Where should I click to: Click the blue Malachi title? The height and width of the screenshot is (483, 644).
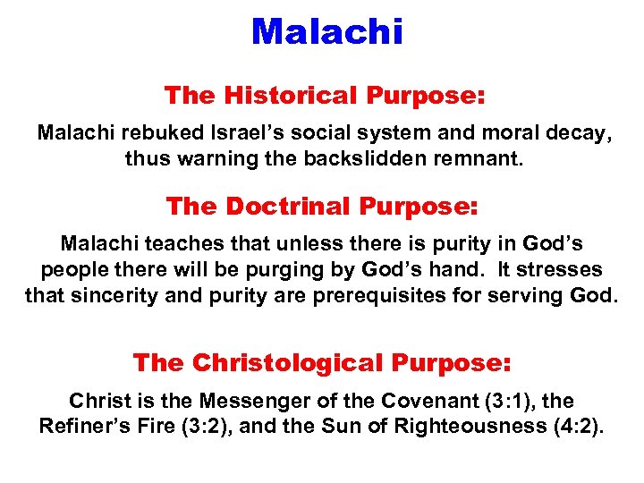click(327, 31)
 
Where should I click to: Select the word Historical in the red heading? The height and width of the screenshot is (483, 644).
click(286, 96)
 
